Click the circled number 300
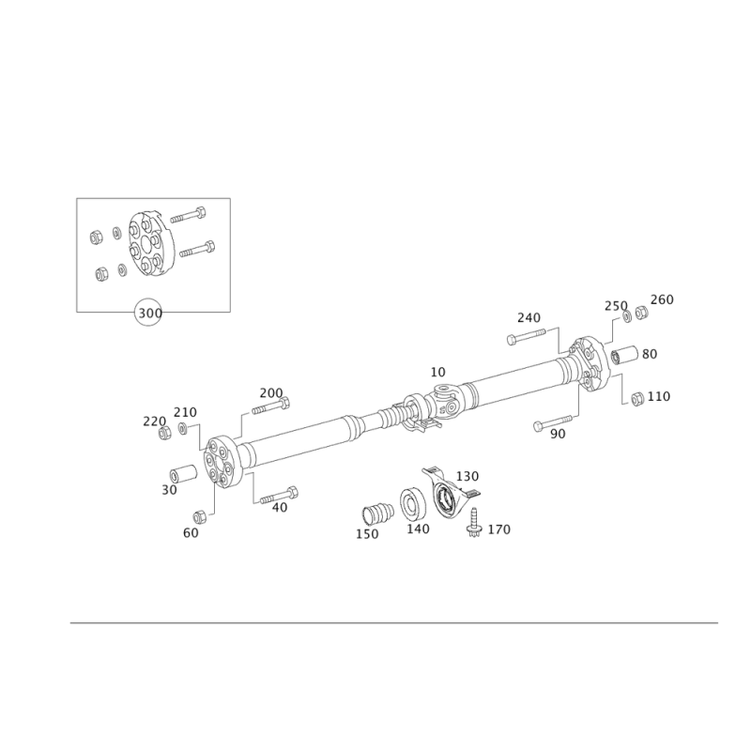pyautogui.click(x=148, y=314)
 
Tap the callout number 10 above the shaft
pyautogui.click(x=437, y=372)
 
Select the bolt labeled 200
pyautogui.click(x=271, y=407)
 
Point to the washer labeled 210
pyautogui.click(x=183, y=428)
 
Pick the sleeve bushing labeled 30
pyautogui.click(x=184, y=474)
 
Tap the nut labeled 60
pyautogui.click(x=200, y=517)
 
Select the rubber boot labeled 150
pyautogui.click(x=377, y=513)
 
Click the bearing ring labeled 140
pyautogui.click(x=413, y=504)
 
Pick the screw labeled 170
pyautogui.click(x=474, y=522)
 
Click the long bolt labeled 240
pyautogui.click(x=526, y=335)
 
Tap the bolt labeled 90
pyautogui.click(x=553, y=422)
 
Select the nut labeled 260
pyautogui.click(x=641, y=313)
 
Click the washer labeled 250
pyautogui.click(x=627, y=316)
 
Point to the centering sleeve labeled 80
pyautogui.click(x=625, y=355)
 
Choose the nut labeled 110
pyautogui.click(x=637, y=398)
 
